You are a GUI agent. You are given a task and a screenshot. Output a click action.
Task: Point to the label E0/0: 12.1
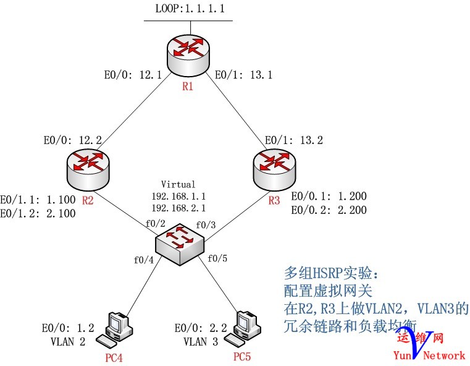[x=132, y=75]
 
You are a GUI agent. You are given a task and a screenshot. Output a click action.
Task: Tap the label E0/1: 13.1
[x=243, y=75]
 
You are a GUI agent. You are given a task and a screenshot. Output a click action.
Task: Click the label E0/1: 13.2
[x=293, y=140]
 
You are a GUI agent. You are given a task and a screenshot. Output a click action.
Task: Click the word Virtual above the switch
[x=178, y=184]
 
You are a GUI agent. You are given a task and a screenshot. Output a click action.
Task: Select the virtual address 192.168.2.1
[x=178, y=208]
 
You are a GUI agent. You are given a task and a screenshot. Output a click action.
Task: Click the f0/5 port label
[x=217, y=258]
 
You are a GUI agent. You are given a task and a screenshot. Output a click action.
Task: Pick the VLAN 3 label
[x=199, y=341]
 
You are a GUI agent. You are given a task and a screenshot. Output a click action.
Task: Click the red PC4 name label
[x=116, y=356]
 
